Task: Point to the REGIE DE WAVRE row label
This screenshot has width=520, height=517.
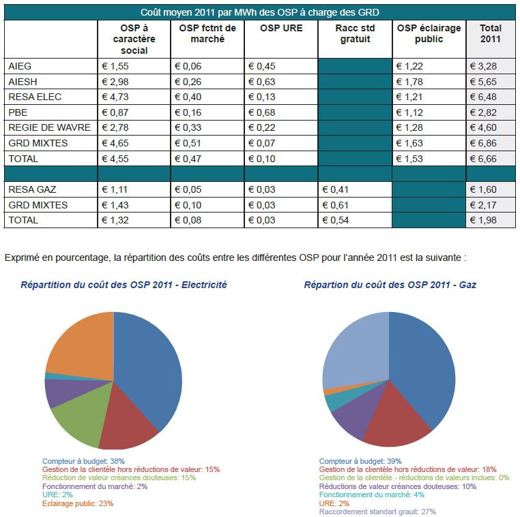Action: [42, 128]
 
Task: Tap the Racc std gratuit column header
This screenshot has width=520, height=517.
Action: [353, 34]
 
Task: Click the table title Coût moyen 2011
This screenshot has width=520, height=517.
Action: [259, 12]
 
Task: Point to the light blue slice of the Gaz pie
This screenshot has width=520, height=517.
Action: [351, 351]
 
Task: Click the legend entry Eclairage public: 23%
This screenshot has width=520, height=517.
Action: [78, 503]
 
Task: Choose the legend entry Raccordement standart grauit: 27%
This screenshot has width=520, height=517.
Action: [377, 512]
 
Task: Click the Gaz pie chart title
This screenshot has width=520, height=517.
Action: [390, 285]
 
